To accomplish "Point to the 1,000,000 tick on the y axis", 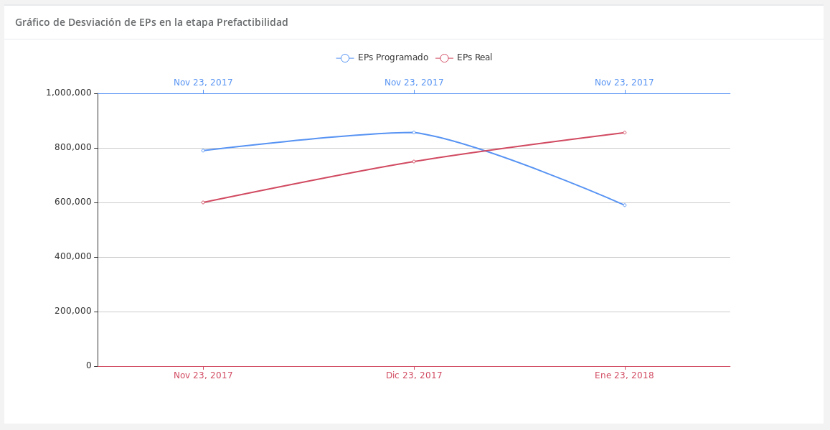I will coord(69,93).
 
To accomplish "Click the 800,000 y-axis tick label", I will coord(73,147).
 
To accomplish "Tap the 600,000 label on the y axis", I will coord(73,202).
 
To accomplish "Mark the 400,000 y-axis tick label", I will coord(73,256).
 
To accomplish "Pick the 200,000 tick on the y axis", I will coord(73,311).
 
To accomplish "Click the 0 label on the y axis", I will coord(89,365).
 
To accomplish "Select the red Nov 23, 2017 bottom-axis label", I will coord(203,375).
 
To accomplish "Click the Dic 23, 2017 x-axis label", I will coord(414,375).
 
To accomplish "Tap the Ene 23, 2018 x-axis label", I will coord(624,375).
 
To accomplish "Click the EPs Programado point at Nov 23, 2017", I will coord(203,150).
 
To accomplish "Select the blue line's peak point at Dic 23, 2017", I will coord(414,132).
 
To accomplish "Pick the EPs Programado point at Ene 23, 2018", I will coord(624,205).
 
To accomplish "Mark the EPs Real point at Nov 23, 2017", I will coord(203,202).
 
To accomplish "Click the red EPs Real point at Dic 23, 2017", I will coord(414,162).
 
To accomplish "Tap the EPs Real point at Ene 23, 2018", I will coord(624,132).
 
